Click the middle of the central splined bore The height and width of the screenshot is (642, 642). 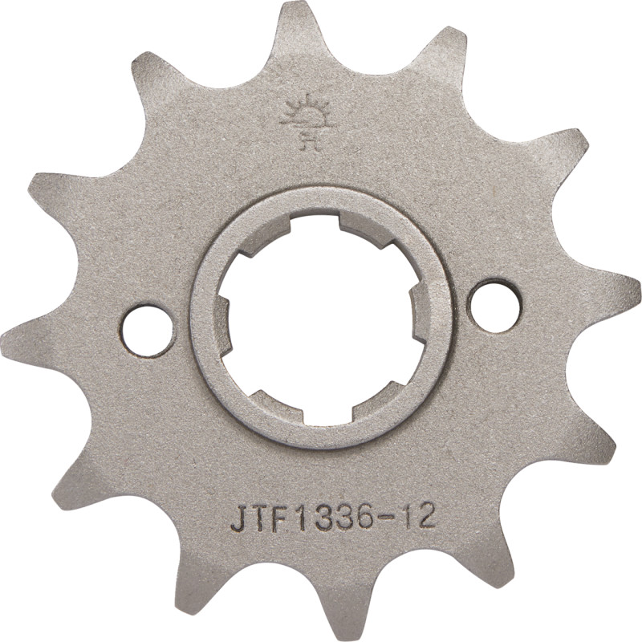(x=321, y=317)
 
